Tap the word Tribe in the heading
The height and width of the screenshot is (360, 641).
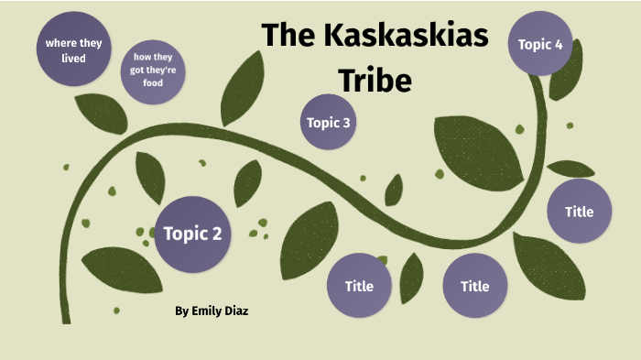pyautogui.click(x=375, y=80)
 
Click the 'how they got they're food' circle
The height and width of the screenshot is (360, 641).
pyautogui.click(x=152, y=71)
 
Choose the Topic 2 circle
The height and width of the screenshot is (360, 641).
pyautogui.click(x=192, y=234)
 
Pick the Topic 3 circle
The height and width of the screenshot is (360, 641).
pyautogui.click(x=329, y=122)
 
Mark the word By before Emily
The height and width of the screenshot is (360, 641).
pyautogui.click(x=181, y=311)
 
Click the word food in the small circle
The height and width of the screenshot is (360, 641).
pyautogui.click(x=152, y=83)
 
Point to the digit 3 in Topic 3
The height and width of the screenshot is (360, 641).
pyautogui.click(x=346, y=122)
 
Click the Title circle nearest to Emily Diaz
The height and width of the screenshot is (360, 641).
pyautogui.click(x=359, y=286)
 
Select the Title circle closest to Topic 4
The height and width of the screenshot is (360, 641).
pyautogui.click(x=579, y=212)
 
